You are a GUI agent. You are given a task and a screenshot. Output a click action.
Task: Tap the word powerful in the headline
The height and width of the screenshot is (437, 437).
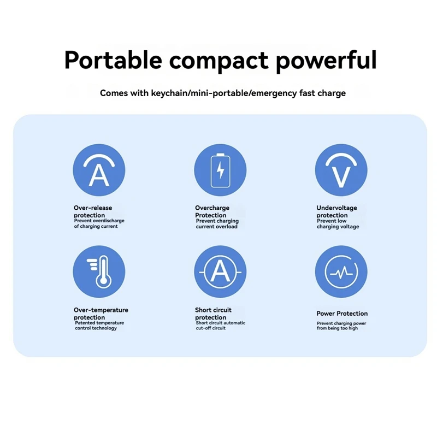click(326, 60)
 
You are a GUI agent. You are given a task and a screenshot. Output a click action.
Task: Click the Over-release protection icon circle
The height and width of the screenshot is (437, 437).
click(99, 170)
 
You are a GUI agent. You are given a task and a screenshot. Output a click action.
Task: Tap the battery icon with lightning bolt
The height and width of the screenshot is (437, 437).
click(220, 170)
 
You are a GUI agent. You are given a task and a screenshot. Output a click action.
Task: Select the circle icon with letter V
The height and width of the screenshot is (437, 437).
click(341, 170)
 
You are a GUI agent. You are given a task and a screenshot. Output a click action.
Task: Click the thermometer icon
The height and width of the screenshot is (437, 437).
click(99, 272)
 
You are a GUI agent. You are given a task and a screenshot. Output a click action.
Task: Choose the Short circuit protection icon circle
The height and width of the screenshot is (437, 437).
click(220, 272)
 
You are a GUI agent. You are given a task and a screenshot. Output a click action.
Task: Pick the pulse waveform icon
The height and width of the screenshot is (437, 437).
click(341, 272)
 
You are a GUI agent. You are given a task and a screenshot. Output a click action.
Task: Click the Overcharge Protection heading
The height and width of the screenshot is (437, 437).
click(212, 211)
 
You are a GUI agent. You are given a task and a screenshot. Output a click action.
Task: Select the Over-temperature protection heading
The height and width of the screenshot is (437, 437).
click(101, 314)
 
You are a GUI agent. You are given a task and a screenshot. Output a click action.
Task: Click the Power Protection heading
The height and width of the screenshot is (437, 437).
click(342, 314)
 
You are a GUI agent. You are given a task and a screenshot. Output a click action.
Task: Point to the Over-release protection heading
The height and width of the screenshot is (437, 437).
click(93, 211)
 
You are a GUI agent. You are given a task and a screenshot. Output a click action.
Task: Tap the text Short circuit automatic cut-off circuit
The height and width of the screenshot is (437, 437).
click(220, 326)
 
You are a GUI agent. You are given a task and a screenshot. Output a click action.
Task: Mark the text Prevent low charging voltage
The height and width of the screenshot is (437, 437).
click(338, 224)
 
